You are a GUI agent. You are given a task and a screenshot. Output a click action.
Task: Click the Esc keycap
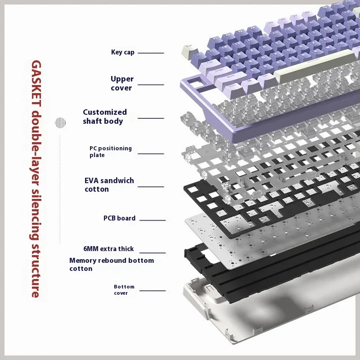pos(189,51)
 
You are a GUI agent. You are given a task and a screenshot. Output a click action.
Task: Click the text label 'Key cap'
pos(122,52)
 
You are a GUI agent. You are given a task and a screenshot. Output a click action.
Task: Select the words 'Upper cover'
pos(122,83)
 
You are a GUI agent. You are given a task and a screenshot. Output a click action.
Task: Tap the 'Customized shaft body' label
pos(105,117)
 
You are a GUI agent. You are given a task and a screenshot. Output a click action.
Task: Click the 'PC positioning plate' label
pos(110,152)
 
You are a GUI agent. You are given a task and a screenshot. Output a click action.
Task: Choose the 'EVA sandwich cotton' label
pos(109,185)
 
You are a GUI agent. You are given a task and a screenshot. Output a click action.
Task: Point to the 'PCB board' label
pos(119,218)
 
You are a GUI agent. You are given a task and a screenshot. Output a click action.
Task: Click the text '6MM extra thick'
pos(108,249)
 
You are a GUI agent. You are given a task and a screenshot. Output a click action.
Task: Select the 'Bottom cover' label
pos(124,290)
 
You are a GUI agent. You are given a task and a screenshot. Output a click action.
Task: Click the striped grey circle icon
pos(60,122)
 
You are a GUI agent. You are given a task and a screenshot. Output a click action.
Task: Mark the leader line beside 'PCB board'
pos(153,220)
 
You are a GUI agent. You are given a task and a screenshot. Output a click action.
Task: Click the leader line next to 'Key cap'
pos(151,53)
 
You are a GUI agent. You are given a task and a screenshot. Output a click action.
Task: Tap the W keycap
pos(239,54)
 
